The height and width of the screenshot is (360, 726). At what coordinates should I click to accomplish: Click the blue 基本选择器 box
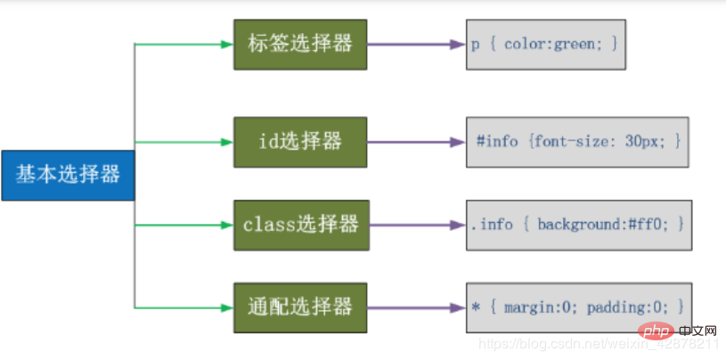tap(68, 175)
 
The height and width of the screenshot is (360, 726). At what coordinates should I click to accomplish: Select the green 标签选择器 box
tap(299, 43)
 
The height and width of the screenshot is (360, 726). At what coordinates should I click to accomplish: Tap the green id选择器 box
tap(299, 142)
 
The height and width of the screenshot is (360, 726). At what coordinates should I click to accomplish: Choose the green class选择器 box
tap(300, 225)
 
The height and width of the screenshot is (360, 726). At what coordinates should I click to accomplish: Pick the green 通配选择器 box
tap(299, 308)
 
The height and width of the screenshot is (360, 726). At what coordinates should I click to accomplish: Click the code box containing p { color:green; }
tap(545, 43)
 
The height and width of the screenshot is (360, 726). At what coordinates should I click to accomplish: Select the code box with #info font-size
tap(578, 142)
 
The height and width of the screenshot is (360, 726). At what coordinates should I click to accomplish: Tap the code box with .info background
tap(578, 225)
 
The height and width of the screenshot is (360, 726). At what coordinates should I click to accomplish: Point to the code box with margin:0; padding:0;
tap(578, 308)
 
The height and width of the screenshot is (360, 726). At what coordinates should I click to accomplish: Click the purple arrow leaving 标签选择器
tap(414, 43)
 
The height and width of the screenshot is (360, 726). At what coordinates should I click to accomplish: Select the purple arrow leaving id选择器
tap(414, 142)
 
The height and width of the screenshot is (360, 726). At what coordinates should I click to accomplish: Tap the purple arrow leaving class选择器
tap(414, 225)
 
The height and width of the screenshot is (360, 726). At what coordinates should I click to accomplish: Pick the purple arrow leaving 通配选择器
tap(414, 308)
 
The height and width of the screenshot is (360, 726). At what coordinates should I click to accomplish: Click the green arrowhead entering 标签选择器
tap(226, 43)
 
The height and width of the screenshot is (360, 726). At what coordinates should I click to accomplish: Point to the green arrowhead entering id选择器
tap(226, 142)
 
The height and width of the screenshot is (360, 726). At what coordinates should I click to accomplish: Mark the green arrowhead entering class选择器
tap(226, 225)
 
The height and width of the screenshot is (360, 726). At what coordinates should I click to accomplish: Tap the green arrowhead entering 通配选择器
tap(226, 308)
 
